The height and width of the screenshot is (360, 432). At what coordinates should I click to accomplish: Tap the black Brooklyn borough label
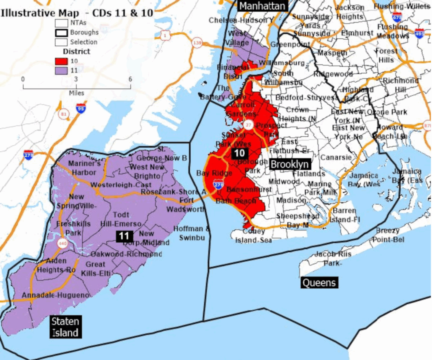click(x=290, y=164)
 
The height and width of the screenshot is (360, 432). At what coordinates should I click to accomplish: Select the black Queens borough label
click(x=320, y=282)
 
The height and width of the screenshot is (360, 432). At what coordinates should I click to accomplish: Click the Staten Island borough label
click(x=65, y=327)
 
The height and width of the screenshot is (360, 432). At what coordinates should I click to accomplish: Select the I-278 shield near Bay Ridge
click(x=218, y=184)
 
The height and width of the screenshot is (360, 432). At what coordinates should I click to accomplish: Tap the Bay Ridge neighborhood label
click(x=214, y=173)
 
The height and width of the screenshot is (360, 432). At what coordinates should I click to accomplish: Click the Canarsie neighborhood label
click(x=336, y=157)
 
